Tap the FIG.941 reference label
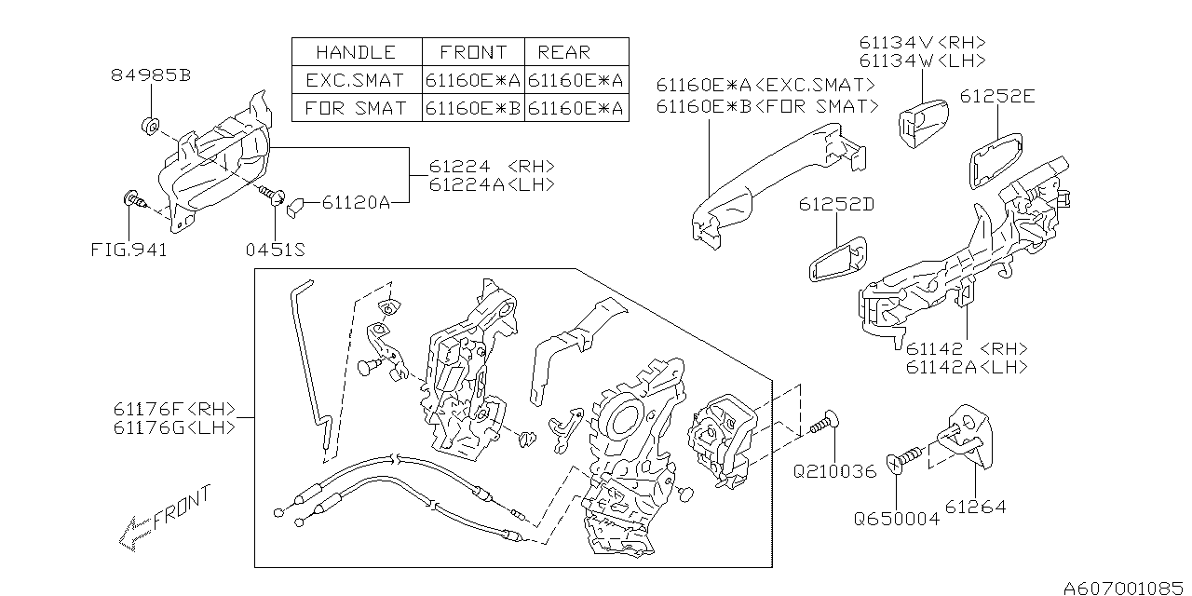pyautogui.click(x=129, y=251)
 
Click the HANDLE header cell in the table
pyautogui.click(x=356, y=52)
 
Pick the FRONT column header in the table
pyautogui.click(x=473, y=52)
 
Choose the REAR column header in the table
pyautogui.click(x=564, y=52)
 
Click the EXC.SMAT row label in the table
pyautogui.click(x=356, y=80)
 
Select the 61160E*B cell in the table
pyautogui.click(x=473, y=108)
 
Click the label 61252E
pyautogui.click(x=997, y=96)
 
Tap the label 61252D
pyautogui.click(x=834, y=204)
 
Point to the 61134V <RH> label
pyautogui.click(x=922, y=43)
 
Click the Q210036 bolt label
pyautogui.click(x=834, y=472)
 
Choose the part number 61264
pyautogui.click(x=975, y=508)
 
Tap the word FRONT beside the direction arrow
pyautogui.click(x=183, y=507)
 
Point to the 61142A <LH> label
pyautogui.click(x=967, y=367)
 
